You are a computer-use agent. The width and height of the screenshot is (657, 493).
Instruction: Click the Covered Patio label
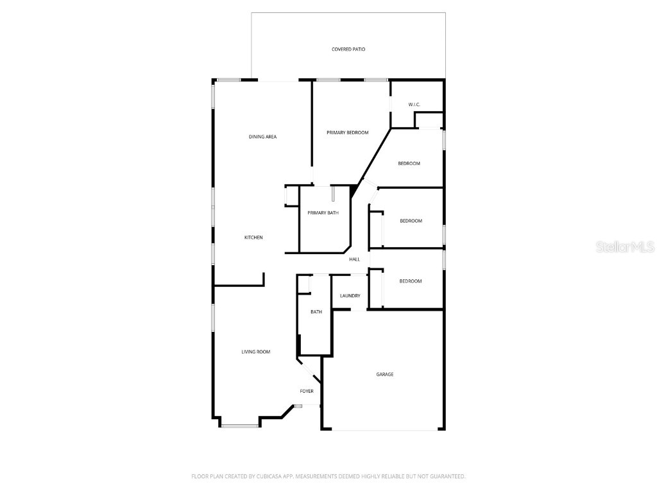click(348, 49)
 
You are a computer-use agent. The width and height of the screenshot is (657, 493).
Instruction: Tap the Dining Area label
click(262, 137)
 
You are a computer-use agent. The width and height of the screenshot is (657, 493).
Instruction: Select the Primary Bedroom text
click(347, 133)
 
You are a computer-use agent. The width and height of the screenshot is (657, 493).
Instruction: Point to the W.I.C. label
click(414, 105)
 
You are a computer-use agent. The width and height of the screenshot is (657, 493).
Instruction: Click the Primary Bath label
click(323, 213)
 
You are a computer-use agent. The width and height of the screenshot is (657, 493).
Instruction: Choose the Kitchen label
click(253, 238)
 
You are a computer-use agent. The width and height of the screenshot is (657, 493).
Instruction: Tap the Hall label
click(354, 259)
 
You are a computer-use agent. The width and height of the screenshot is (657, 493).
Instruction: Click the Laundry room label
click(350, 296)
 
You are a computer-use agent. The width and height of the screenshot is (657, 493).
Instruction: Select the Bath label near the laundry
click(316, 312)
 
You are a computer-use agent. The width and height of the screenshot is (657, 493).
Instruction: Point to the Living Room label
click(255, 352)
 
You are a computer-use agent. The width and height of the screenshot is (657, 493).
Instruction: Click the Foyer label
click(307, 391)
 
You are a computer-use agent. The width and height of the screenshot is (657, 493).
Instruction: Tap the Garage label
click(385, 374)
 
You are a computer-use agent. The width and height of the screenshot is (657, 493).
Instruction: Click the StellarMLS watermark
click(625, 246)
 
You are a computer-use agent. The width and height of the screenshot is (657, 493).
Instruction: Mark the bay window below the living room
click(240, 425)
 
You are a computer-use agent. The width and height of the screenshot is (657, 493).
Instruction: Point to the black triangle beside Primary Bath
click(354, 191)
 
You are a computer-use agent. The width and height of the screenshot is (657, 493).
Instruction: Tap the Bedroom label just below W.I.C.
click(409, 164)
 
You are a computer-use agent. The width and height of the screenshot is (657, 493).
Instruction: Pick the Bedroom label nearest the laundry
click(411, 281)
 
